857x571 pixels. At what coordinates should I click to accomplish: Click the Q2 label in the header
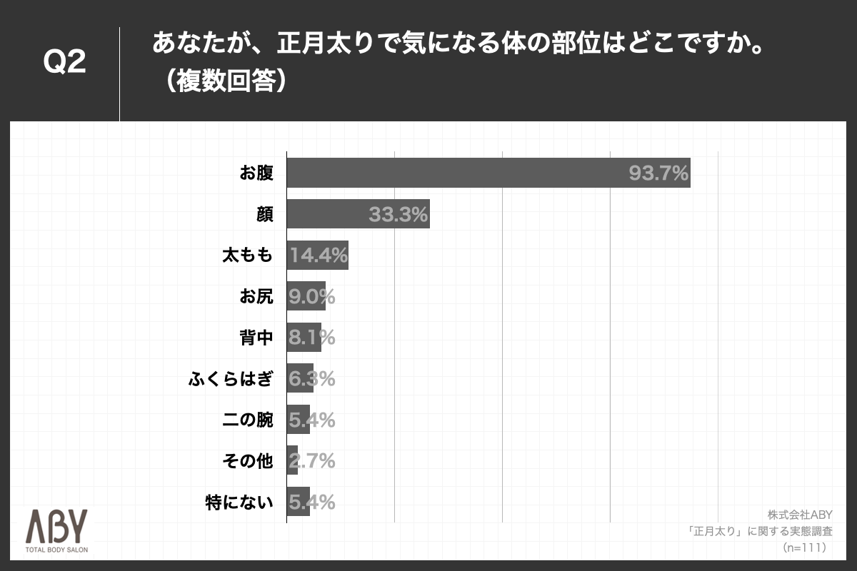pos(65,63)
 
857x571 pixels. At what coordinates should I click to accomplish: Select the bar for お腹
pos(488,173)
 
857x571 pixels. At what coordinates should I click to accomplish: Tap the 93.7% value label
pos(658,173)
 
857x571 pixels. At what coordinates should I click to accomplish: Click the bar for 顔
pos(358,213)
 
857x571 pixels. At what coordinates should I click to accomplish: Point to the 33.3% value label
pos(398,213)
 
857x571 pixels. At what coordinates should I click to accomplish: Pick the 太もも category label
pos(247,255)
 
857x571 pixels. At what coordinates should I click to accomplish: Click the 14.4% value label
pos(319,255)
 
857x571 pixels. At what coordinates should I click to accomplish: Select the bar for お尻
pos(306,296)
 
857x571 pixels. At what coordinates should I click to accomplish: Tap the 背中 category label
pos(256,338)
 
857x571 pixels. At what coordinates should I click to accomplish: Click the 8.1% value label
pos(311,338)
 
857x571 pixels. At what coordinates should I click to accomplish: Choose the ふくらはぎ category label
pos(230,379)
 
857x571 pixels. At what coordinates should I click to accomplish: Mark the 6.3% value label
pos(311,379)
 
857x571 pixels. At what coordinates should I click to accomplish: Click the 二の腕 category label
pos(247,420)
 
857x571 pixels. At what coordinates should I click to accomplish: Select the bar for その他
pos(292,461)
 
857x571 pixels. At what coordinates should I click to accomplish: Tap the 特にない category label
pos(239,502)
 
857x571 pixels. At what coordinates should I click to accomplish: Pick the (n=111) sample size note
pos(804,547)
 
